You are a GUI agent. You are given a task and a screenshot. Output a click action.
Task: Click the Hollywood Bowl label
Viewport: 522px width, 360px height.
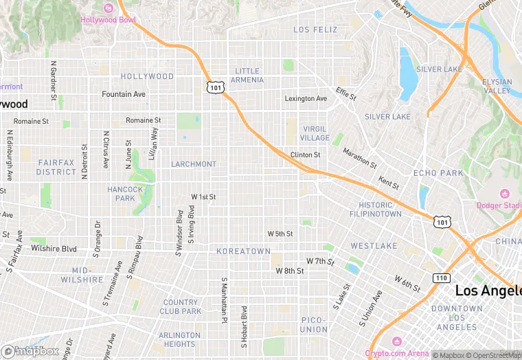[109, 19]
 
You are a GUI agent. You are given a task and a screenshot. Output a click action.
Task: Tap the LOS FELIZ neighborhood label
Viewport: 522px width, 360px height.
[315, 30]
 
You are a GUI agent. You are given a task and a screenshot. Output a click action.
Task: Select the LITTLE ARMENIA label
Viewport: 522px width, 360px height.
[248, 76]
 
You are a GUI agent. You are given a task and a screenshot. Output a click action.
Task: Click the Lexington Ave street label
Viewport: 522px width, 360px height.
[306, 98]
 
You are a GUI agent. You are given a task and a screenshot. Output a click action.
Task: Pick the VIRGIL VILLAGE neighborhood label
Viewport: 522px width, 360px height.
[315, 133]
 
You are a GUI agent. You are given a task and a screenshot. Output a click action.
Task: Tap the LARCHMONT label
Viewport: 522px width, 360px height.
[193, 164]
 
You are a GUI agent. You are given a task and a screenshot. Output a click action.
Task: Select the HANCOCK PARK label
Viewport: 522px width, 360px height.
[125, 194]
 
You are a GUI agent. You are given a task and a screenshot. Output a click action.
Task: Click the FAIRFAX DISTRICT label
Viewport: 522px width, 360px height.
[56, 167]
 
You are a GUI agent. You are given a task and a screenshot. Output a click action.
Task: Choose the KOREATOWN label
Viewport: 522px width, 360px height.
[243, 251]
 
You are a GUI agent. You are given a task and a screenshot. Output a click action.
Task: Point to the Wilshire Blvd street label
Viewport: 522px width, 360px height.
[54, 247]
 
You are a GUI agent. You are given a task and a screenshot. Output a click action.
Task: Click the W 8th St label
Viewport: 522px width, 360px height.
[290, 271]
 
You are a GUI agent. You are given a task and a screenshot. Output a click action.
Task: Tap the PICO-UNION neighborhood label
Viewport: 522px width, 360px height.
[314, 324]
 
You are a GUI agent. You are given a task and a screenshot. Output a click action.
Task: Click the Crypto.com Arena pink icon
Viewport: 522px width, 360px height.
[396, 341]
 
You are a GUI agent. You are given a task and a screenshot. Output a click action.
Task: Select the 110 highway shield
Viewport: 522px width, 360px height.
[441, 278]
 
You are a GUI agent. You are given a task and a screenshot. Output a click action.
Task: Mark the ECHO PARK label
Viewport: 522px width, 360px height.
[438, 173]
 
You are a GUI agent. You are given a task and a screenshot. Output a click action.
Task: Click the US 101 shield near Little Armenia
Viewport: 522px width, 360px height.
[215, 87]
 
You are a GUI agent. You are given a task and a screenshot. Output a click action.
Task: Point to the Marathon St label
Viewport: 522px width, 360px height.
[360, 159]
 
